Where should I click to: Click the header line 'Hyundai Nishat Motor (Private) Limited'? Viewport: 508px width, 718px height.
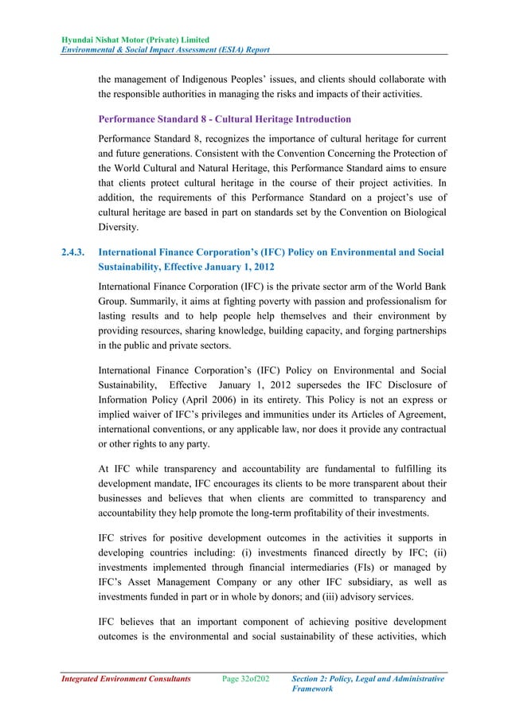pyautogui.click(x=131, y=40)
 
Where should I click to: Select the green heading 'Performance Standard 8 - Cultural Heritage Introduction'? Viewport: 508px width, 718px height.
pyautogui.click(x=224, y=119)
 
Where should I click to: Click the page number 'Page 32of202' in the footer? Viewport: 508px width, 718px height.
pyautogui.click(x=245, y=679)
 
